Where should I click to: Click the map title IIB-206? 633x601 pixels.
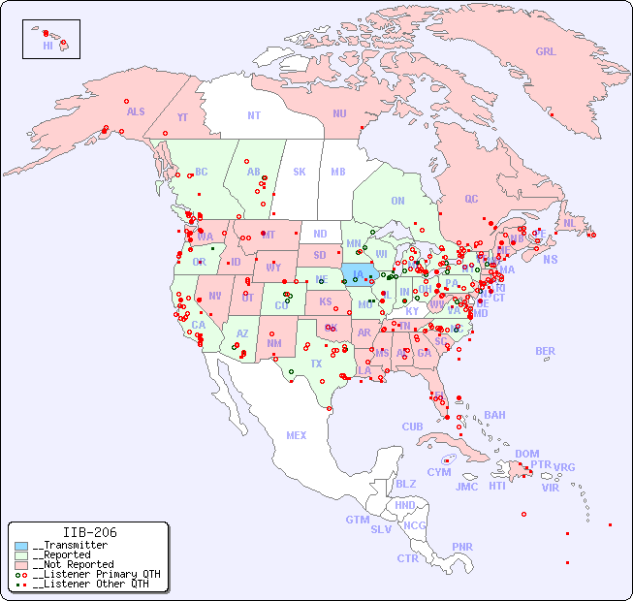click(89, 532)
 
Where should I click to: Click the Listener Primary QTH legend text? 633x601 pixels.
click(95, 574)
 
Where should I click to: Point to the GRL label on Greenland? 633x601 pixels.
click(546, 52)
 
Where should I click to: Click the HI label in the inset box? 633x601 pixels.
click(47, 46)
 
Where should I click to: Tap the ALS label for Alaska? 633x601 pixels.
click(136, 111)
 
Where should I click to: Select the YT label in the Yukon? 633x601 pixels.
click(182, 117)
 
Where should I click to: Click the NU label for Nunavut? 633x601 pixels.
click(339, 113)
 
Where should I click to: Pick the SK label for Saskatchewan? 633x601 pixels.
click(300, 172)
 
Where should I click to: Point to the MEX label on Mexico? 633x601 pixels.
click(297, 435)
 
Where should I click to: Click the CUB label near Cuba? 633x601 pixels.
click(412, 427)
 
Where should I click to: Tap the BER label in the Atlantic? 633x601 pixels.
click(545, 351)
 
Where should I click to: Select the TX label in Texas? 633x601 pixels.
click(316, 364)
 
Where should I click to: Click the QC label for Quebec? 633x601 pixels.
click(471, 199)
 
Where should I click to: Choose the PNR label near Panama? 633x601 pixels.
click(462, 547)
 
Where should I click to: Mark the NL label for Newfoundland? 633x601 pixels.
click(569, 223)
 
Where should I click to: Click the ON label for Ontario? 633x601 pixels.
click(397, 201)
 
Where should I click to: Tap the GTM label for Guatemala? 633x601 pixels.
click(357, 520)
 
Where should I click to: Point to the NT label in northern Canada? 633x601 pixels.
click(253, 115)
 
